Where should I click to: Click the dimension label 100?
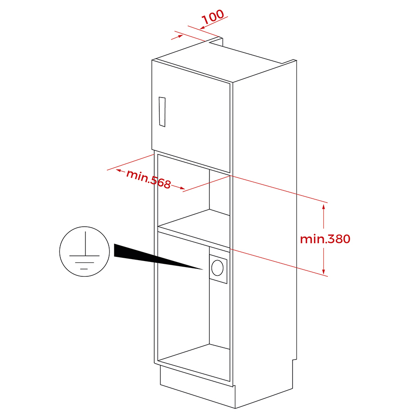[213, 17]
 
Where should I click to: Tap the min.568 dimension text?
[148, 179]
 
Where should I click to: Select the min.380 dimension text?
[325, 239]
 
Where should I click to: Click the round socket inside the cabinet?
[217, 268]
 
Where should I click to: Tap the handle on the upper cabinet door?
[162, 111]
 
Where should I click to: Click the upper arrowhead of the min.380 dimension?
[324, 207]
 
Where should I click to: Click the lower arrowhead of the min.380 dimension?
[324, 271]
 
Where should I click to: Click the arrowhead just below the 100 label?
[202, 27]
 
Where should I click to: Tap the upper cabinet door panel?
[190, 117]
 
